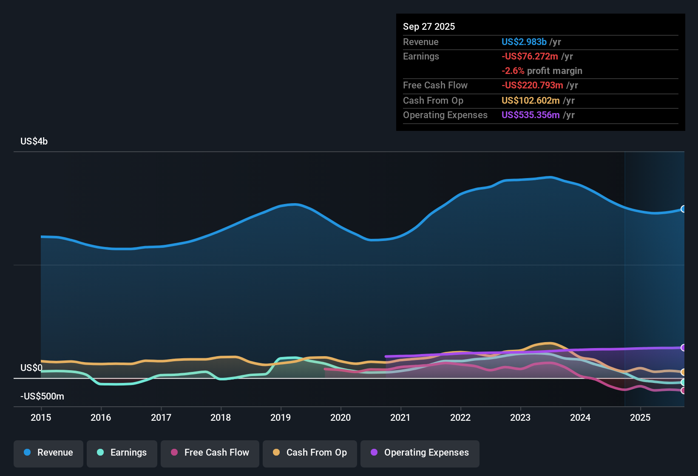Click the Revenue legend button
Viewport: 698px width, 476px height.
(x=48, y=453)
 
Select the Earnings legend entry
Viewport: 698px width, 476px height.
(x=122, y=453)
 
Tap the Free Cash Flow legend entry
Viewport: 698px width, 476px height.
(x=210, y=453)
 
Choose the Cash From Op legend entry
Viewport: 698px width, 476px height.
(x=310, y=453)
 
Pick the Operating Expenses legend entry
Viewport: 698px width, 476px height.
(x=420, y=453)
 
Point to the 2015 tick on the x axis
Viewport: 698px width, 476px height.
(x=41, y=417)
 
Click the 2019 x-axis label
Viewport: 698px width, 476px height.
(x=281, y=417)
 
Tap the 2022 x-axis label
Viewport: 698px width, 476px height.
(x=460, y=417)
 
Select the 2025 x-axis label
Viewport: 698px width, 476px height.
(x=640, y=417)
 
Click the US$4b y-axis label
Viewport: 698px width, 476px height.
(x=34, y=142)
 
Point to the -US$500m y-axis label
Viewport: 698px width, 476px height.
(x=42, y=397)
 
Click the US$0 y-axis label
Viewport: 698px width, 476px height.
(x=31, y=368)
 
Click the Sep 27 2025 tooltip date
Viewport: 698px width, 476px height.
(x=428, y=27)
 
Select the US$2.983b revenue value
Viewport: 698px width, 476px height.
(x=524, y=42)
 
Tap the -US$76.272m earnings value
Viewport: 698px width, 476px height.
(x=530, y=57)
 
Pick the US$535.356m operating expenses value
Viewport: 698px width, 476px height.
(x=531, y=115)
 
